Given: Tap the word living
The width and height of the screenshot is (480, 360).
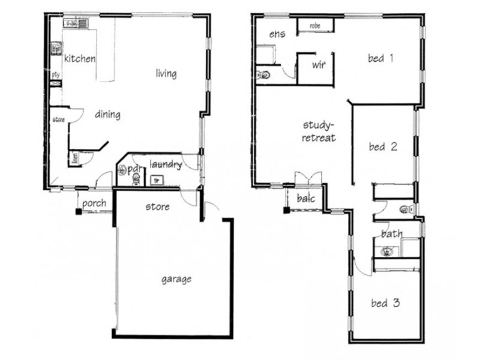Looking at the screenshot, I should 166,74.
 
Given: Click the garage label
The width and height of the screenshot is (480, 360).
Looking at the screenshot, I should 176,279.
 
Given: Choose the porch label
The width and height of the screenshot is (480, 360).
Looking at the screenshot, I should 94,203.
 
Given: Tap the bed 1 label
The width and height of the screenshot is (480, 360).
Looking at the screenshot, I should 380,58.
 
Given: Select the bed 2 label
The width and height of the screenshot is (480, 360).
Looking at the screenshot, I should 384,146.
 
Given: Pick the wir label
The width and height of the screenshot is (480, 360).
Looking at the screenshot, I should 318,64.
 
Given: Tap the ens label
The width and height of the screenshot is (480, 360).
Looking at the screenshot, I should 277,34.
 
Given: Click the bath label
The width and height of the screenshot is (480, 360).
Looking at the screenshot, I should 392,234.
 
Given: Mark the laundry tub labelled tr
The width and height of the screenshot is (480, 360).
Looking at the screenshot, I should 158,179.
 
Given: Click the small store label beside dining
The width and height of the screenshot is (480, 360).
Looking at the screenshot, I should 58,120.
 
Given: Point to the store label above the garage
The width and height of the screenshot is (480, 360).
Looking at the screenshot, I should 158,207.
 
